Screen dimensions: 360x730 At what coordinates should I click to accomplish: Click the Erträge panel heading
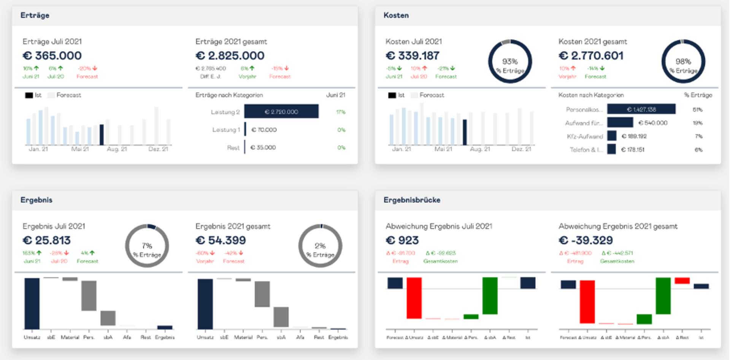tap(35, 16)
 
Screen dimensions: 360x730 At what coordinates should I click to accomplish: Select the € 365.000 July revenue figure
tap(52, 56)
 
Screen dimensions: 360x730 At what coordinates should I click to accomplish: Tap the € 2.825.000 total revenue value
tap(230, 56)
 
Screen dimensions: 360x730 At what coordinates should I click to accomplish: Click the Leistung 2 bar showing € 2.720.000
tap(281, 112)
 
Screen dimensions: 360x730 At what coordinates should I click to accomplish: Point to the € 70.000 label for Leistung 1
tap(264, 130)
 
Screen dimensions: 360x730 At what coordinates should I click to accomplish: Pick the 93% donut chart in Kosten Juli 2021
tap(510, 62)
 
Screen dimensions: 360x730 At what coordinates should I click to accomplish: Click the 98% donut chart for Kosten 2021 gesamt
tap(683, 62)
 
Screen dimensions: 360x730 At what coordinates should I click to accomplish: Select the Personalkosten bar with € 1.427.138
tap(641, 109)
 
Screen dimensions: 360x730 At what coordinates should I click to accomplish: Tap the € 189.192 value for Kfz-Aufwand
tap(634, 136)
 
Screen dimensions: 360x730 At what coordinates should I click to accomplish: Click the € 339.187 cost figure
tap(413, 56)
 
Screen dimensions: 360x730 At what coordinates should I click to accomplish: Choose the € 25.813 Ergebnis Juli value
tap(47, 241)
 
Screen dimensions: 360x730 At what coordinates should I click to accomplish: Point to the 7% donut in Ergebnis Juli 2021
tap(147, 246)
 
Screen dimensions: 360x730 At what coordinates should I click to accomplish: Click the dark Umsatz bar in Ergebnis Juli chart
tap(32, 303)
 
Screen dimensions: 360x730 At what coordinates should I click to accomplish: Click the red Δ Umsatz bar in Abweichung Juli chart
tap(414, 298)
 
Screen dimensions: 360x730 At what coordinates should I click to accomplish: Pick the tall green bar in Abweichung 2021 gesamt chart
tap(663, 296)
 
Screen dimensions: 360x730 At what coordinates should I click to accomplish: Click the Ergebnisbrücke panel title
tap(412, 200)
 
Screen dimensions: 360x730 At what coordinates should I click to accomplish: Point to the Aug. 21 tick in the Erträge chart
tap(117, 149)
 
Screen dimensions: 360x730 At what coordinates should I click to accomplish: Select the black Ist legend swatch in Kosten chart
tap(392, 95)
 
